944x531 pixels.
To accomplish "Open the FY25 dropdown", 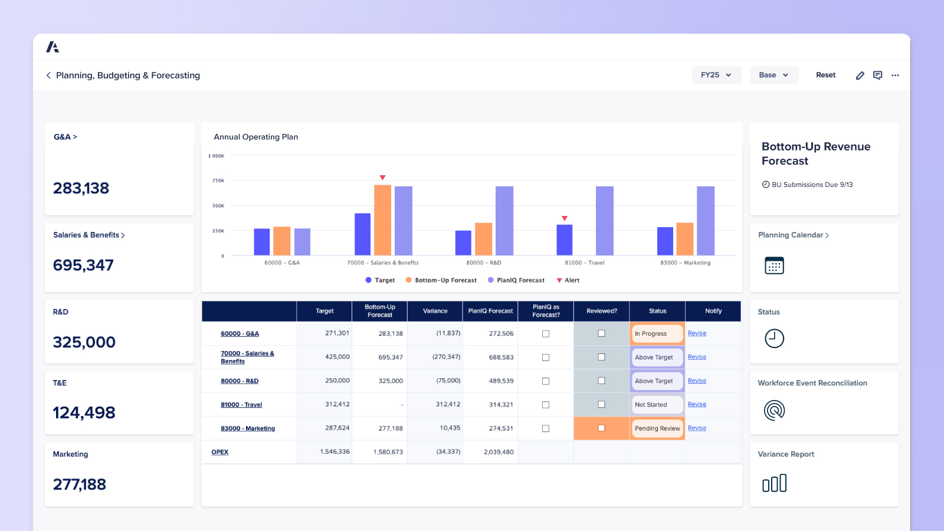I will pos(716,75).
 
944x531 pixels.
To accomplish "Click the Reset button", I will pos(825,75).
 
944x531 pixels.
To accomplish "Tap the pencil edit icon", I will pos(860,76).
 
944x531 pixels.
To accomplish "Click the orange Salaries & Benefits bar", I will pos(382,220).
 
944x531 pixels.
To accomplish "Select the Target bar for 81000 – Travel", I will pos(564,240).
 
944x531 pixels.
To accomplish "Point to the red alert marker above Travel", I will pos(564,218).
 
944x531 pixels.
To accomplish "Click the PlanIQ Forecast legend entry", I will pos(516,280).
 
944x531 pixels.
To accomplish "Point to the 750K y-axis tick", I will pos(218,181).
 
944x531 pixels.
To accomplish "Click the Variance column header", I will pos(435,311).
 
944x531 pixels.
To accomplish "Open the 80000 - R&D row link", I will pos(240,381).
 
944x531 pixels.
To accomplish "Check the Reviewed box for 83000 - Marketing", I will pos(601,428).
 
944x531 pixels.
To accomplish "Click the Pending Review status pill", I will pos(657,428).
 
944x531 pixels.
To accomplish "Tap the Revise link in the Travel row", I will pos(697,405).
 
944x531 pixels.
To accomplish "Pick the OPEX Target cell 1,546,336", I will pos(335,452).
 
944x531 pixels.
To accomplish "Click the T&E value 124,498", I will pos(84,413).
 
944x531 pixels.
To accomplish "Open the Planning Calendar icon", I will pos(774,265).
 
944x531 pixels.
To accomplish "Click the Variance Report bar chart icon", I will pos(774,483).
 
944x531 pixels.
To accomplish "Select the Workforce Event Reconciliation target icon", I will pos(774,410).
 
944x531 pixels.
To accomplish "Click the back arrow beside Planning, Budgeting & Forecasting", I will pos(48,76).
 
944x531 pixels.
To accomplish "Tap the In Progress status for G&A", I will pos(657,334).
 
